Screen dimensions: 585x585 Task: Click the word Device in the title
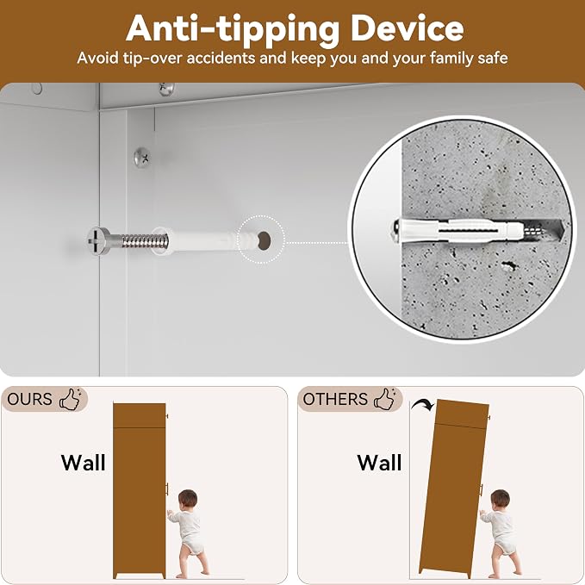407,28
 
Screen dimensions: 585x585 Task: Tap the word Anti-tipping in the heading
232,31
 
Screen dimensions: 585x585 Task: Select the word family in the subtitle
451,59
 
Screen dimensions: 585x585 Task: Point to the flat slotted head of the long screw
99,241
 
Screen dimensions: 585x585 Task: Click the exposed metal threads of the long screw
145,241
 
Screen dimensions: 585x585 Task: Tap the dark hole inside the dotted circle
264,240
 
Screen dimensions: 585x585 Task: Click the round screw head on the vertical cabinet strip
142,158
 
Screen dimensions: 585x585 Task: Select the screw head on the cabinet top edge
166,89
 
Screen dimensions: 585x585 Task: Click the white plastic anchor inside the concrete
462,231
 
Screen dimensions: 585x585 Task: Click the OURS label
29,399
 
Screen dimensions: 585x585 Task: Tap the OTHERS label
335,399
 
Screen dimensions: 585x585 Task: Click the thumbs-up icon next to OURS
71,399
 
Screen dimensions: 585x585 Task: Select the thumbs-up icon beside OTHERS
385,399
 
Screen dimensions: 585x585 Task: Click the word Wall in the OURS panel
84,463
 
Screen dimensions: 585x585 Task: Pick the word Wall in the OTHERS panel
379,463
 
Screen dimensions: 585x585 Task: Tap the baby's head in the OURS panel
188,499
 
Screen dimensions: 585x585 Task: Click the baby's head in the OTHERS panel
500,499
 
